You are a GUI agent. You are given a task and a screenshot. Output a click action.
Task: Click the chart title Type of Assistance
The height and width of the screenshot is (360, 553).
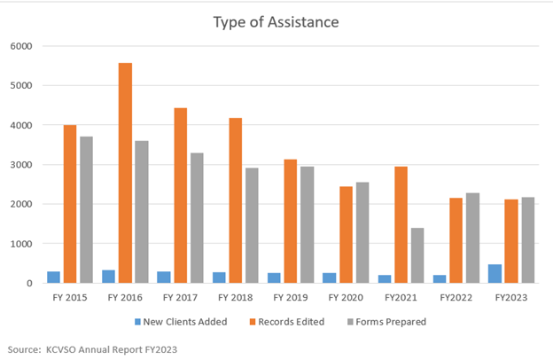pos(276,20)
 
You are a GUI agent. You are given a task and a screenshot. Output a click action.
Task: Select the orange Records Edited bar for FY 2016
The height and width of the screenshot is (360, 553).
pos(125,173)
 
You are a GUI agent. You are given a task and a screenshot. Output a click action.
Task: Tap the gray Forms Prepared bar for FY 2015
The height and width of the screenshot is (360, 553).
pos(86,210)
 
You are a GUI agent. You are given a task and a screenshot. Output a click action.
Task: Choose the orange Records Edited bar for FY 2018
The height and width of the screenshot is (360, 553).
pos(236,200)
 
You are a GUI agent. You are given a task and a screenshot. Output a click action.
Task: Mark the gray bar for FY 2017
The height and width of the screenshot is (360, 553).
pos(197,218)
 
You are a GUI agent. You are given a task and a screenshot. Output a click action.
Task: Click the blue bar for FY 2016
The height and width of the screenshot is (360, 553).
pos(109,277)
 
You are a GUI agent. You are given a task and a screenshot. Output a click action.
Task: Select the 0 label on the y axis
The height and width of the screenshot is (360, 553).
pos(28,284)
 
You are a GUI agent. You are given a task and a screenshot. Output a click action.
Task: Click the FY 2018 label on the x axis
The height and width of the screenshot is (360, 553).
pos(236,299)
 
